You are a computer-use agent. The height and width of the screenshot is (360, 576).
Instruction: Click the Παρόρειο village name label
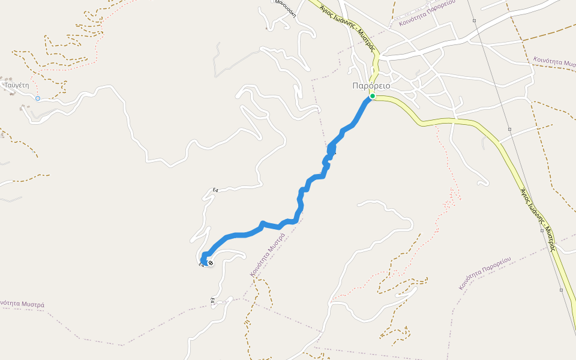tap(371, 86)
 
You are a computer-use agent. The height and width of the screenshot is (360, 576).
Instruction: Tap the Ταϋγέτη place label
tap(17, 85)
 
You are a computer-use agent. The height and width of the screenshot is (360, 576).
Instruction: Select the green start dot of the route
tap(373, 96)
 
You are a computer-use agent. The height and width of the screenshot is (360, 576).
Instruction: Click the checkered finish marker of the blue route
tap(211, 263)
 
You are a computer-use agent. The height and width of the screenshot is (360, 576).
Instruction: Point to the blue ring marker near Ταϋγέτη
tap(38, 98)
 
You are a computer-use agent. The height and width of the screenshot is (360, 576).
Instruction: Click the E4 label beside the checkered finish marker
tap(202, 265)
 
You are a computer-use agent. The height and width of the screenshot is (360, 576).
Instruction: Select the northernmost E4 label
tap(215, 190)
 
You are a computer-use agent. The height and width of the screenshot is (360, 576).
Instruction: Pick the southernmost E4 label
tap(212, 301)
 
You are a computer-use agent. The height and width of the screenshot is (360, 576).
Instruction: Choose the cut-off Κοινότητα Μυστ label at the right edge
tap(554, 62)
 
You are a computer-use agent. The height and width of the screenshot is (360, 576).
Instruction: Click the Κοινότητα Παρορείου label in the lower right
tap(485, 272)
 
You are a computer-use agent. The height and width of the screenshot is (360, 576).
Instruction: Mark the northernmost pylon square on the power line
tap(474, 21)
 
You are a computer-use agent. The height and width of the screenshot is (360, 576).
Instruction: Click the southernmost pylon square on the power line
tap(561, 290)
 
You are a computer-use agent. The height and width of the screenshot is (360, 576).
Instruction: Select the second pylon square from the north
tap(509, 129)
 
